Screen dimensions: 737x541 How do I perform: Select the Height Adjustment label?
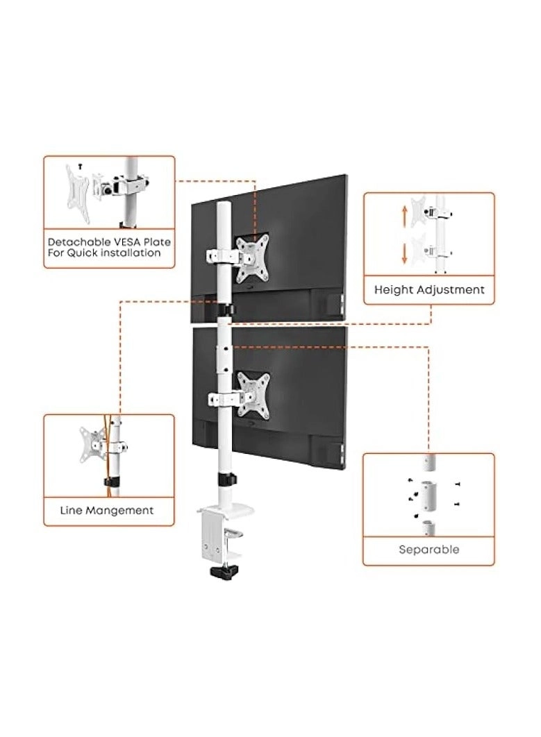click(429, 289)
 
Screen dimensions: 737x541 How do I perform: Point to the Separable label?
click(428, 549)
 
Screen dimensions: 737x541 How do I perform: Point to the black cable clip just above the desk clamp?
click(225, 480)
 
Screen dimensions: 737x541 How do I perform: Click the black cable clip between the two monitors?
click(225, 308)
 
